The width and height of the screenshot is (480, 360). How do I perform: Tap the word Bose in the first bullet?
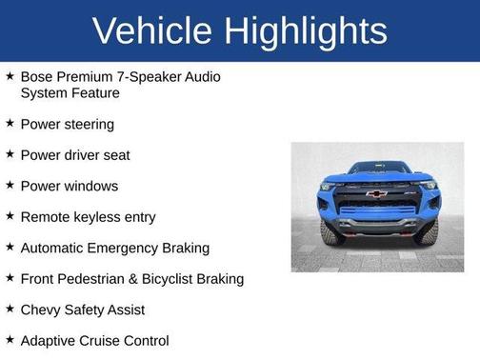[x=37, y=76]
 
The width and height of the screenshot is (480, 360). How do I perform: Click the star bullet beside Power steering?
[x=9, y=123]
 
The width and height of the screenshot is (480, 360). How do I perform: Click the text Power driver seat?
[x=74, y=155]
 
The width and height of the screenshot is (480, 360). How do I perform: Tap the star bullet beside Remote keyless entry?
[x=9, y=216]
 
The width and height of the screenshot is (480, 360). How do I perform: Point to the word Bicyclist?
[x=180, y=279]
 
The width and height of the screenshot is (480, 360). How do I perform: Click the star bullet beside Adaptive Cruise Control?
[x=9, y=340]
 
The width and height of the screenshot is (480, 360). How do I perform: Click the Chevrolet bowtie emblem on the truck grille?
[x=376, y=193]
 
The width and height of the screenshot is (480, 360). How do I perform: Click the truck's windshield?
[x=377, y=170]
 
